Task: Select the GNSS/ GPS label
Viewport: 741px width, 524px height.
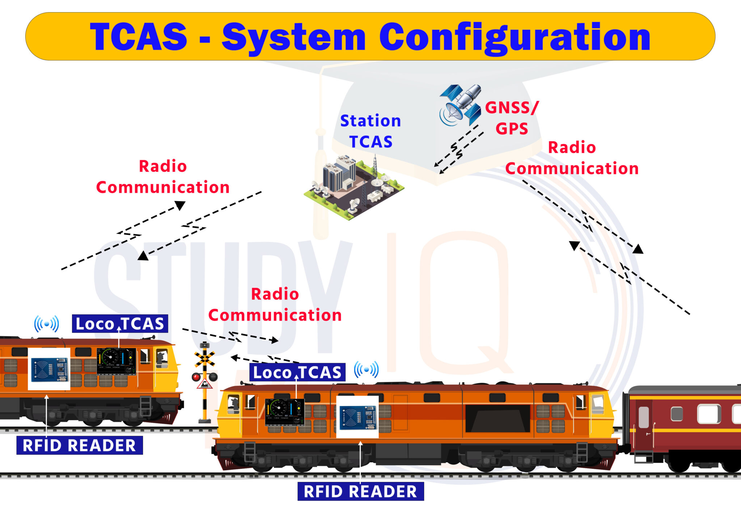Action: pos(512,118)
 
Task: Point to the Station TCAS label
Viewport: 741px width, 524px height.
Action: pos(370,131)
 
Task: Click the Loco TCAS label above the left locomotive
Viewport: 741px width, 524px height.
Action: pos(120,324)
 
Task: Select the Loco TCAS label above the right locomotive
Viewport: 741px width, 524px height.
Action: pos(297,372)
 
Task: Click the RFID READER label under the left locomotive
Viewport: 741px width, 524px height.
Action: pos(80,445)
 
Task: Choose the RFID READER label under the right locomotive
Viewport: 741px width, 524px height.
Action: pos(360,491)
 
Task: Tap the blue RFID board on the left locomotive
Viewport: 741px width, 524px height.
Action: pos(49,369)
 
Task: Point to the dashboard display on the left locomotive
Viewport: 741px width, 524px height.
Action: pos(116,361)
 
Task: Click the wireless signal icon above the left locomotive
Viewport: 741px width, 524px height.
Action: pos(46,324)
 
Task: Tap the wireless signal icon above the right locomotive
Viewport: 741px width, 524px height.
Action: pos(366,369)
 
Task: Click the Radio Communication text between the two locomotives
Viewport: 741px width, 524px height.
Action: pos(275,305)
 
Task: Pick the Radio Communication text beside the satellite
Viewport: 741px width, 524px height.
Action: pos(572,158)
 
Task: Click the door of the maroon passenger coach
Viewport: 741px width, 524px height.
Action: pos(644,423)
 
